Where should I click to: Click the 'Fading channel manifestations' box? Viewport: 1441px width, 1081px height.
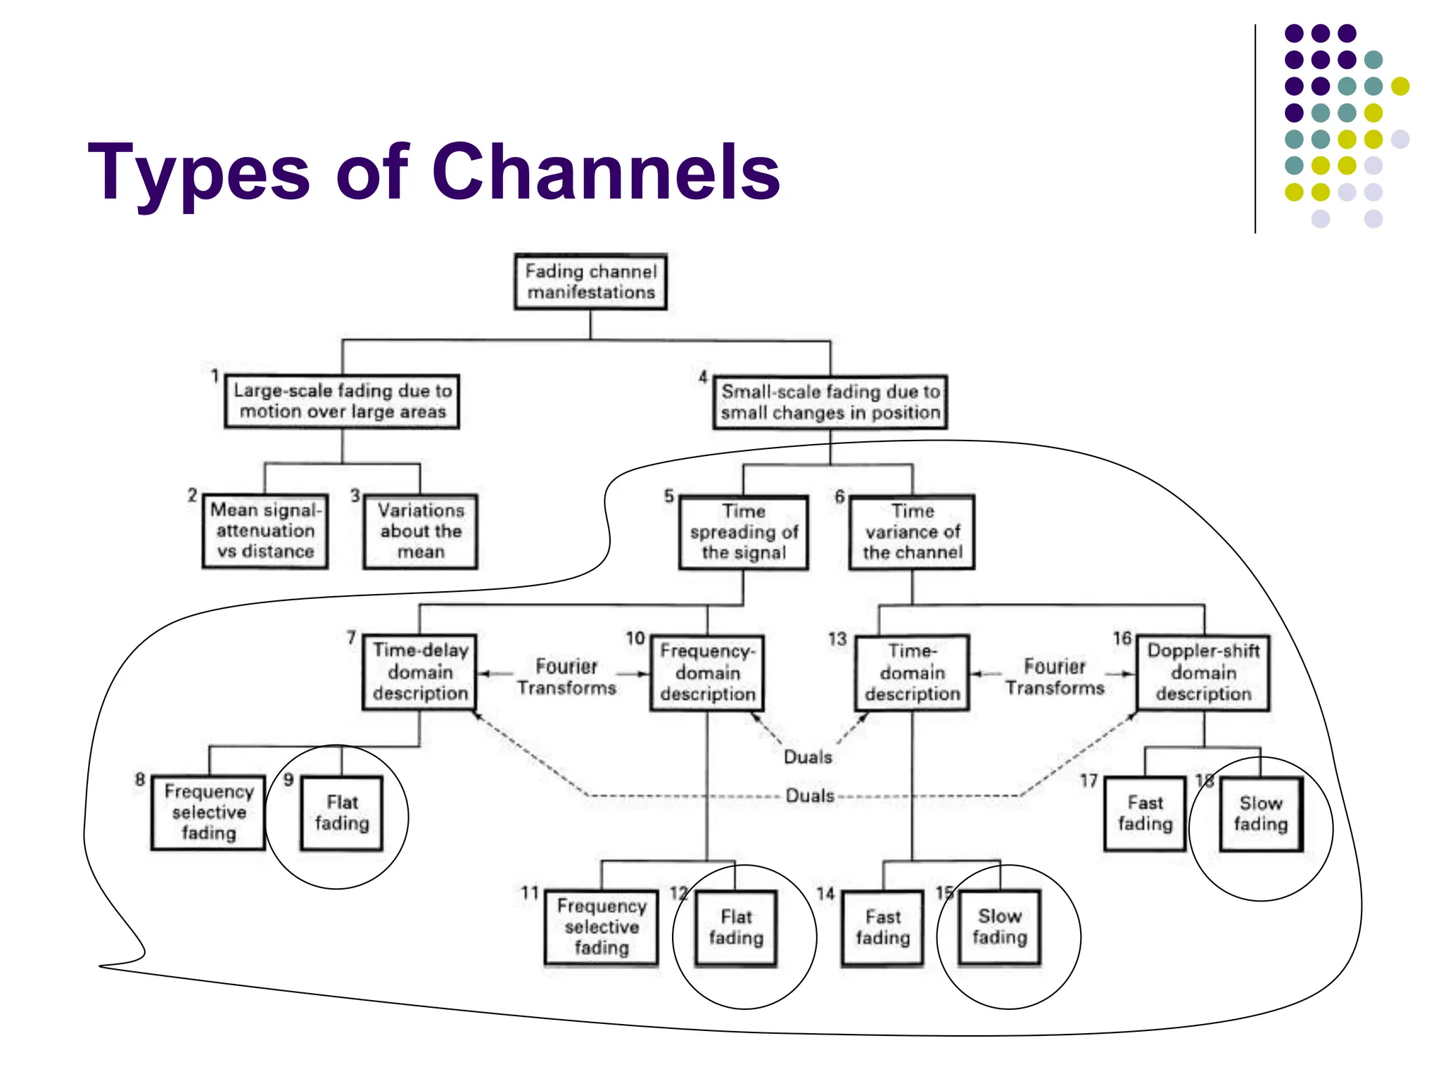[590, 282]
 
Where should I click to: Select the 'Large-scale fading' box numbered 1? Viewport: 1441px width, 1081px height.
[342, 401]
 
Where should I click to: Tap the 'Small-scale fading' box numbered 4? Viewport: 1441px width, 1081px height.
[830, 402]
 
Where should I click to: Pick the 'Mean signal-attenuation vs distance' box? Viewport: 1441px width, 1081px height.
[265, 531]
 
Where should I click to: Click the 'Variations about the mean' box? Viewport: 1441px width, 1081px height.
[421, 531]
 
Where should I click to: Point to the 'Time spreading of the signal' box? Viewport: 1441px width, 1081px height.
[744, 532]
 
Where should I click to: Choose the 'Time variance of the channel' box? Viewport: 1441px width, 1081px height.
[912, 532]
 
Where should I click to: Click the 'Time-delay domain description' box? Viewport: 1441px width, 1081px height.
[420, 672]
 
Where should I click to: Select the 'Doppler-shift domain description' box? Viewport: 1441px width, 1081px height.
[1203, 672]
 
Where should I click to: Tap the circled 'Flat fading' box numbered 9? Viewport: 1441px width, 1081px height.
[342, 813]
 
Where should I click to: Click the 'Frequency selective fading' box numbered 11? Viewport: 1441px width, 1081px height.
[602, 927]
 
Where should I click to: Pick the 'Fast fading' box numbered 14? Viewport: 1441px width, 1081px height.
[882, 928]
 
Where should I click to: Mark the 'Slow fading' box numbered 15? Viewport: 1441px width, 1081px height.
[999, 927]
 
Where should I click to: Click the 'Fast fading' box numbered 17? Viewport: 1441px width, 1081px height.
[1145, 814]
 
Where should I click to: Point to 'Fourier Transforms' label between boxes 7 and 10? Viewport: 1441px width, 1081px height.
[566, 677]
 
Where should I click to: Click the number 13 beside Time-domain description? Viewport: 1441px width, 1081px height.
[837, 639]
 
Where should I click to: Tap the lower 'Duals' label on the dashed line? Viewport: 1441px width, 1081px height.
[809, 796]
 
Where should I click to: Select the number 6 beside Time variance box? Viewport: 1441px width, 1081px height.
[839, 497]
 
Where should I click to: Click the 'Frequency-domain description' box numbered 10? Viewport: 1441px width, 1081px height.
[707, 673]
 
